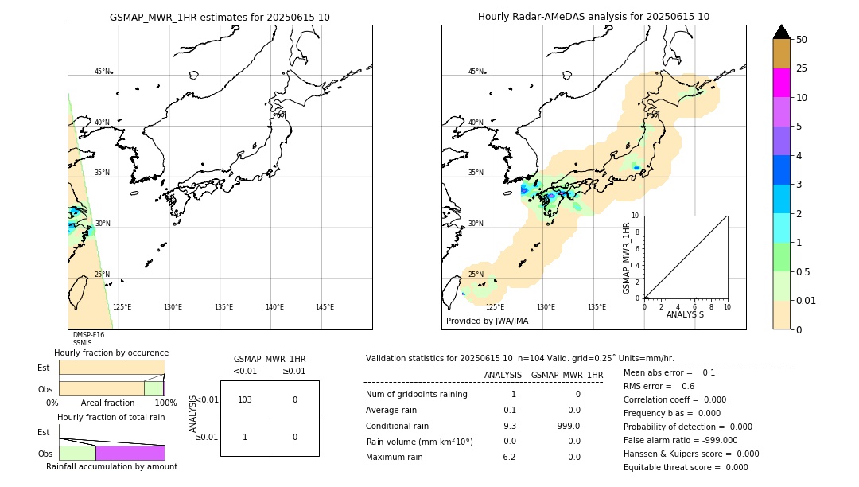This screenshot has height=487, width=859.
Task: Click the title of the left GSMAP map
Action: (220, 17)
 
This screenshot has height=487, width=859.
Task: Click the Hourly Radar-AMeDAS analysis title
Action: (593, 17)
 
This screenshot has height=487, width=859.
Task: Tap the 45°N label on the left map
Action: (102, 72)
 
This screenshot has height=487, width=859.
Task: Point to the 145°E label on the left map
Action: (325, 307)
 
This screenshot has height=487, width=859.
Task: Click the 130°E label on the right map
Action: (546, 307)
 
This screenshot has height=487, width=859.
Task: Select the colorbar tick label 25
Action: (802, 68)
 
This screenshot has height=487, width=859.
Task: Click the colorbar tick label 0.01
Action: (807, 300)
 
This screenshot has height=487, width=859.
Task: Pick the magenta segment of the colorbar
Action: (781, 83)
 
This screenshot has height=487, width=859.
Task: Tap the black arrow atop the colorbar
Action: (781, 32)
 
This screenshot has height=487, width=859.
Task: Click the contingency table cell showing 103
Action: (245, 399)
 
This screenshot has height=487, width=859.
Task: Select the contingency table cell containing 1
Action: (245, 437)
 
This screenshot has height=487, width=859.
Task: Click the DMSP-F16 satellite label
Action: (88, 335)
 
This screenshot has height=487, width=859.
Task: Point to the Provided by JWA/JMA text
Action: (487, 321)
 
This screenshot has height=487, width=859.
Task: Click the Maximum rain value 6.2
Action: (509, 457)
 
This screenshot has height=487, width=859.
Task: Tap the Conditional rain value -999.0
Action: (567, 425)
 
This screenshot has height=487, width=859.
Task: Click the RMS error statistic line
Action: (659, 386)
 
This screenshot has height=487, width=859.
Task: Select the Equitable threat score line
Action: (686, 467)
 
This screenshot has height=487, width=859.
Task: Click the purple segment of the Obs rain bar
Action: (130, 453)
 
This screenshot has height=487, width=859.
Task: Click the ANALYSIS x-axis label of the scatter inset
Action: (685, 314)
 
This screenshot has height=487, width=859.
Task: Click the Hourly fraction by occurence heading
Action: (111, 353)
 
